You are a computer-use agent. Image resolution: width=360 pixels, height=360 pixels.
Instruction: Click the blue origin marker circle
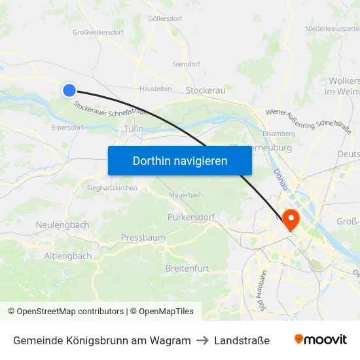click(x=69, y=90)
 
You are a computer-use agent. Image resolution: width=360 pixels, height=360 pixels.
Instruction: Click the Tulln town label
click(x=133, y=130)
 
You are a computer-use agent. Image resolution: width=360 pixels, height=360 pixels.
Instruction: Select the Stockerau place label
click(x=205, y=90)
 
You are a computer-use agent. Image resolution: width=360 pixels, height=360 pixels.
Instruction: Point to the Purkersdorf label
click(x=191, y=217)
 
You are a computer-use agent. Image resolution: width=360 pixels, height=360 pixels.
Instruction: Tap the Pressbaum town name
click(x=143, y=238)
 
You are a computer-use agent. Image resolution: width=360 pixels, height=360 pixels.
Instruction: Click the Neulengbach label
click(x=62, y=225)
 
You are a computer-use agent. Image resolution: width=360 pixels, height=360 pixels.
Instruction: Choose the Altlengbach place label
click(x=67, y=256)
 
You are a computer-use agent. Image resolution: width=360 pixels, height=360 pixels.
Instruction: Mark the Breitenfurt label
click(x=187, y=269)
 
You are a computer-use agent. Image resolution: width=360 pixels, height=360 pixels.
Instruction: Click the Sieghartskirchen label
click(x=113, y=188)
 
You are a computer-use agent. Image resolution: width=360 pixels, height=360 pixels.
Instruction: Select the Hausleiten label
click(x=156, y=88)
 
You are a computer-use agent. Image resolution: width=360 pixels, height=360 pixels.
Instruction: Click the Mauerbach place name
click(x=186, y=194)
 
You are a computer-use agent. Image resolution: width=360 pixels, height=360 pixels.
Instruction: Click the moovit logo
click(x=320, y=340)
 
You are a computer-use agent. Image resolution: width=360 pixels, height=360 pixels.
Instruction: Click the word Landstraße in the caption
click(x=242, y=340)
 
